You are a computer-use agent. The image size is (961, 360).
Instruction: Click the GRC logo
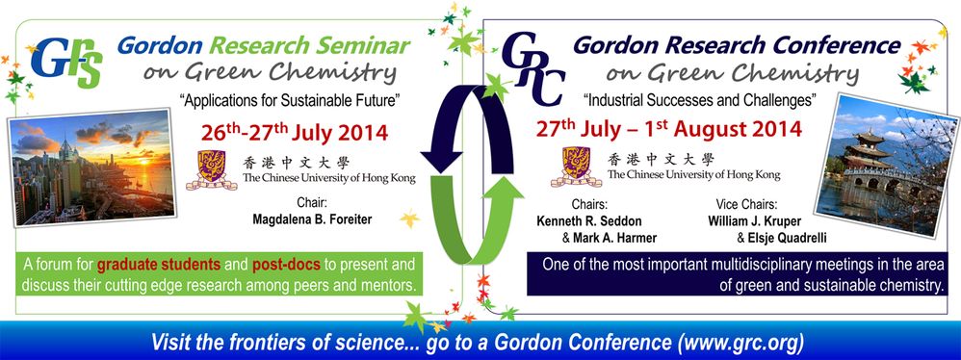(x=532, y=69)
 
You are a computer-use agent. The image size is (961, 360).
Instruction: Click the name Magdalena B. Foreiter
(x=312, y=219)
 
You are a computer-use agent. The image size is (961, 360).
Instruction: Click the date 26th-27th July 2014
(x=295, y=132)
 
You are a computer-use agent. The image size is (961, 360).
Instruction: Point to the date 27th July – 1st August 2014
(x=668, y=129)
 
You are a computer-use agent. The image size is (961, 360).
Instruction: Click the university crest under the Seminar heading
(x=212, y=169)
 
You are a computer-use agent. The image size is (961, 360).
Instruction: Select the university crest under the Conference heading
(x=576, y=166)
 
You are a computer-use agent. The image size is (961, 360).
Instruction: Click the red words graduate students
(x=159, y=265)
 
